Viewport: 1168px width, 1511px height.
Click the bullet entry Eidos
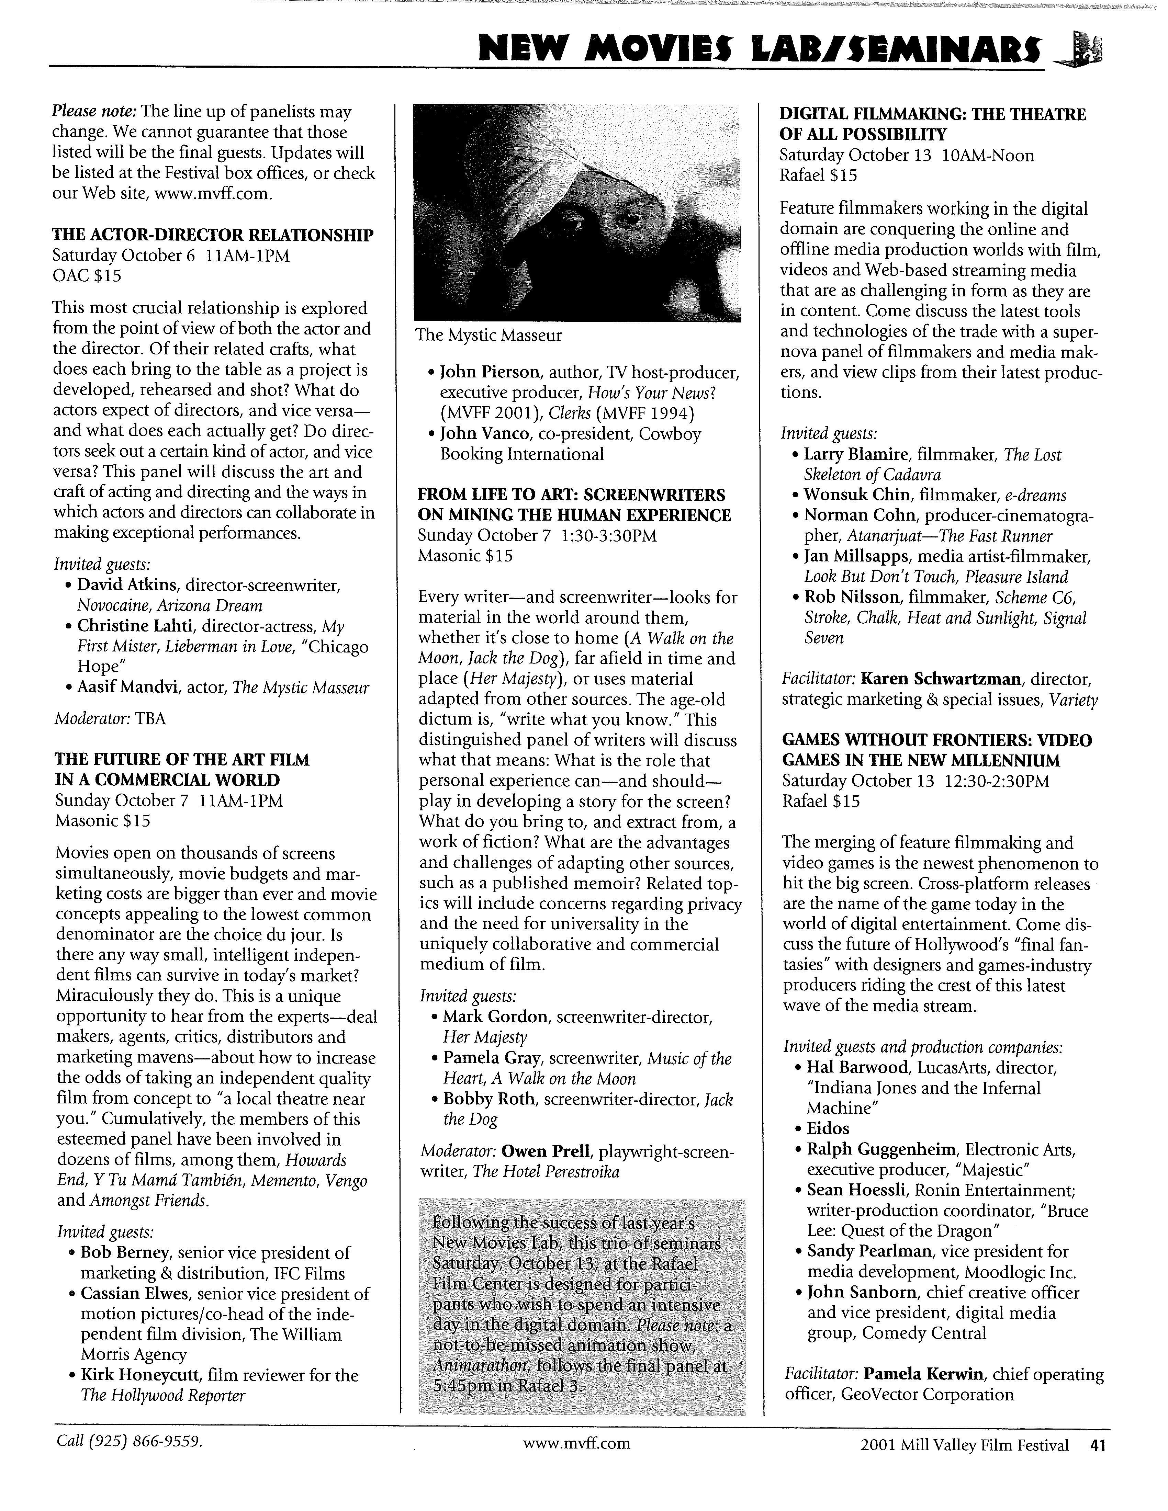coord(828,1128)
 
